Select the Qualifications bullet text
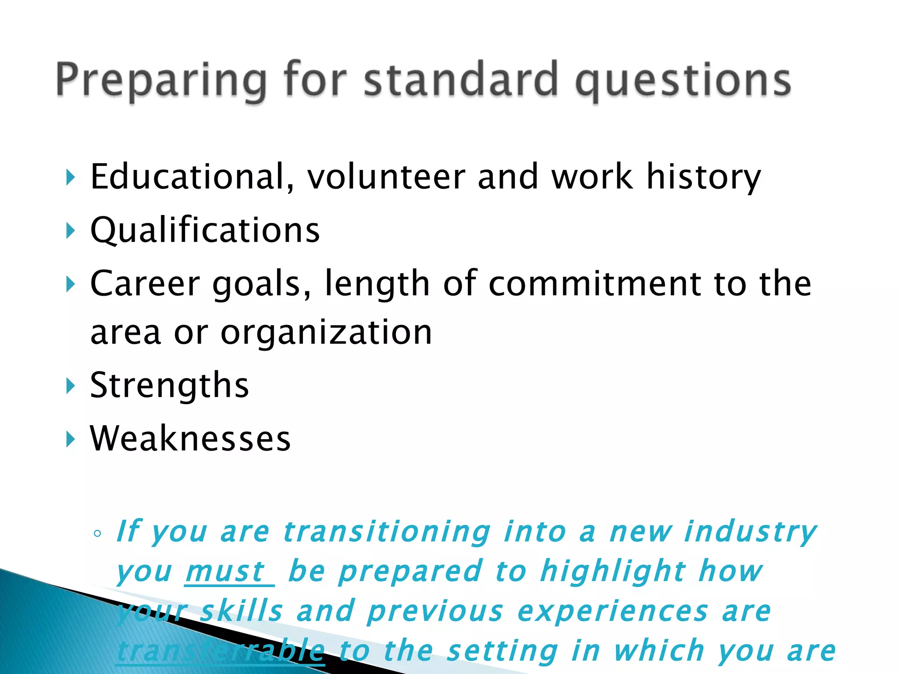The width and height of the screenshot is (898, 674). tap(205, 230)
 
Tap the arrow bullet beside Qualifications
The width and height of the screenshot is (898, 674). tap(70, 230)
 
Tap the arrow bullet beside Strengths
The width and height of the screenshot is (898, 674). tap(70, 386)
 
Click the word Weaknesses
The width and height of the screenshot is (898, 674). tap(190, 439)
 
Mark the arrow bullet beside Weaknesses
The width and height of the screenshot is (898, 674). tap(70, 439)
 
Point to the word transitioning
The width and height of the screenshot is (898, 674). tap(386, 532)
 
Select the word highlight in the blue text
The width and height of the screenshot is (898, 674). tap(612, 572)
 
